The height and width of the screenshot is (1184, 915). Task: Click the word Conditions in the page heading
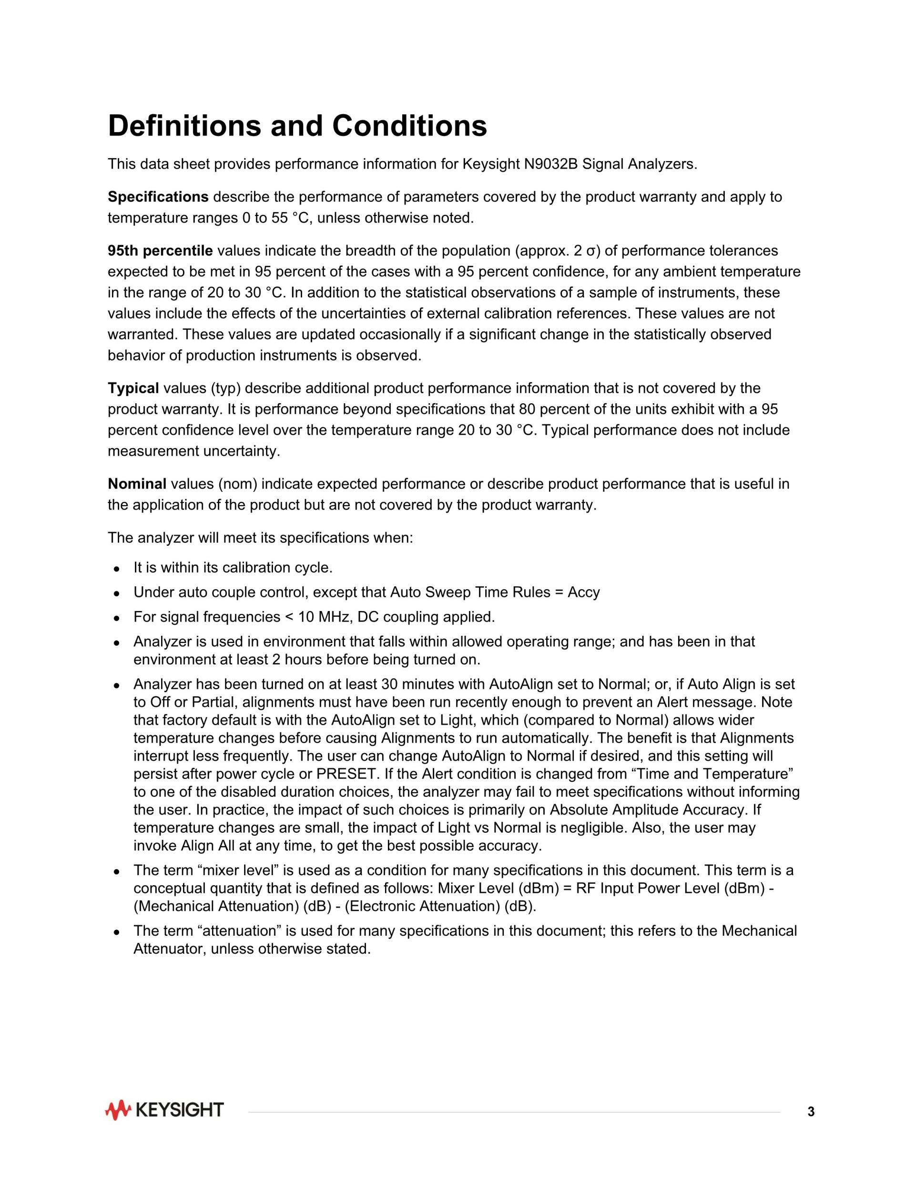pos(409,126)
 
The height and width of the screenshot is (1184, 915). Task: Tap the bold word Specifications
pos(158,197)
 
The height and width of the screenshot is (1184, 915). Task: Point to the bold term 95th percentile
pos(160,251)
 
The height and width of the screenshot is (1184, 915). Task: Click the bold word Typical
pos(133,388)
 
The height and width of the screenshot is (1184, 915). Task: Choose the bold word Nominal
pos(137,484)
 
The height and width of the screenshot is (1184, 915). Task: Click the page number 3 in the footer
pos(811,1112)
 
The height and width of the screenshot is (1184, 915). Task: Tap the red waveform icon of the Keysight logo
pos(118,1110)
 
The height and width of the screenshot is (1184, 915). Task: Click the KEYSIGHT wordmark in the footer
pos(179,1110)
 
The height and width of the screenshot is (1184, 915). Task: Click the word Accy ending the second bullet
pos(584,592)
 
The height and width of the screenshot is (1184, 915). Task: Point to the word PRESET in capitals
pos(354,774)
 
